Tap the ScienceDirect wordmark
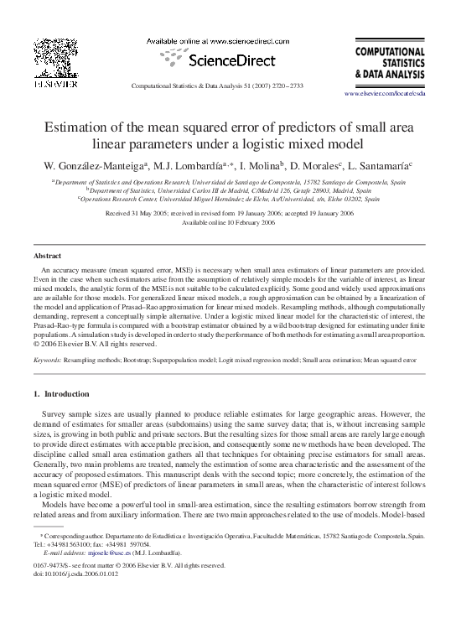[x=226, y=62]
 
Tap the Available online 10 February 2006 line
[x=228, y=222]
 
